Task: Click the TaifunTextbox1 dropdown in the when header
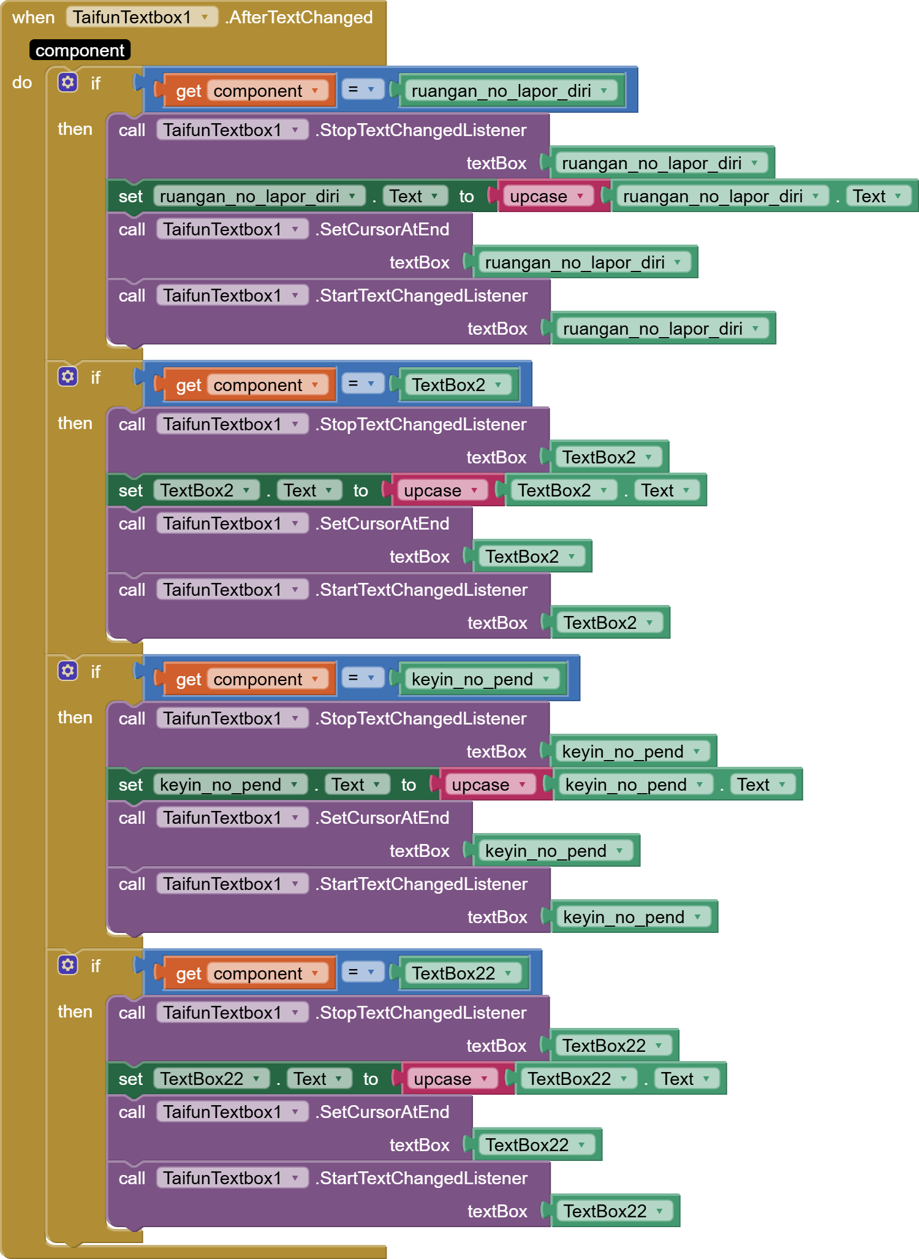(142, 17)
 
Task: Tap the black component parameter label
(80, 50)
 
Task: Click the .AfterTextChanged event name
(299, 17)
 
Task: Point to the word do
(22, 82)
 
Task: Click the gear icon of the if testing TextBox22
(68, 965)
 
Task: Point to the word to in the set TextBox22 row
(371, 1079)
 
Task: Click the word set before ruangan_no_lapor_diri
(130, 196)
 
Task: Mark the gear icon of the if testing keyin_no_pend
(68, 671)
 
